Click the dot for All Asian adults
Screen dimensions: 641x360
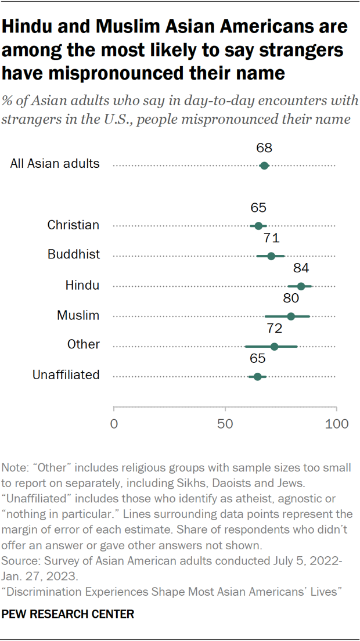tap(264, 165)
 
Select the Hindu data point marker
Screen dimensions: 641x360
tap(301, 286)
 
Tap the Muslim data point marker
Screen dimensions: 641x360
tap(291, 316)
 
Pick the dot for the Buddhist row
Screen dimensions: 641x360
tap(271, 256)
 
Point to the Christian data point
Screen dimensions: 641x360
tap(258, 226)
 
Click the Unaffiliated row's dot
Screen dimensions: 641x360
tap(258, 377)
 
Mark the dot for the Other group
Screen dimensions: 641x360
tap(274, 347)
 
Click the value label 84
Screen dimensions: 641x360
tap(301, 268)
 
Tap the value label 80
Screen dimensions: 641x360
tap(291, 298)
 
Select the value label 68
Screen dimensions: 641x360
tap(264, 147)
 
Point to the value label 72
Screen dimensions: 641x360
tap(274, 329)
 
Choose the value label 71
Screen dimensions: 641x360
tap(271, 238)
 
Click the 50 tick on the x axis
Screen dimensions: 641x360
tap(225, 424)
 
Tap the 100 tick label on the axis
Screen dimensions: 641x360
tap(336, 424)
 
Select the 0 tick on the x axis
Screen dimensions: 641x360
tap(114, 424)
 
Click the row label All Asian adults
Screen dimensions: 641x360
tap(55, 164)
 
